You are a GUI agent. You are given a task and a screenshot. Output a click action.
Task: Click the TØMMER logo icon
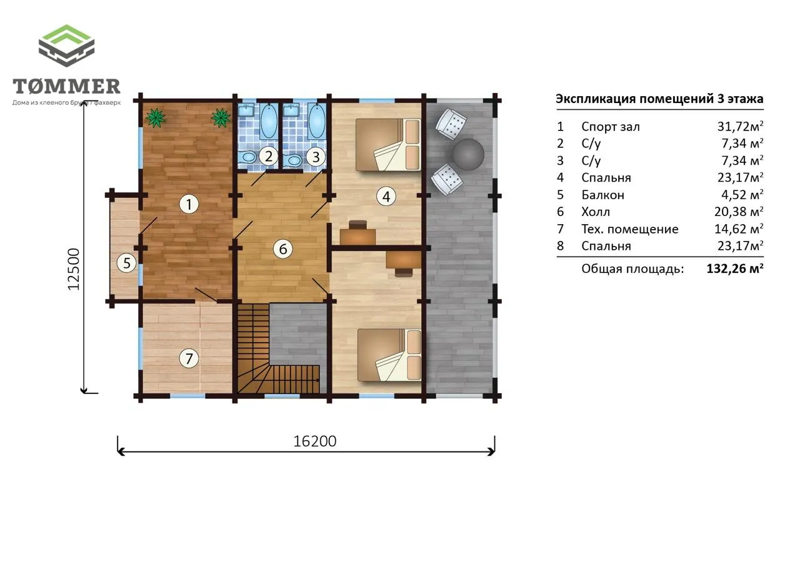click(x=66, y=46)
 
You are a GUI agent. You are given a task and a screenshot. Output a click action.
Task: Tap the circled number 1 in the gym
click(x=189, y=204)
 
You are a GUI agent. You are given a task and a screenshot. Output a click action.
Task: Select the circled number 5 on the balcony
click(x=127, y=263)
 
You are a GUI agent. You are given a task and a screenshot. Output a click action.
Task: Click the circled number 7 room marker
click(x=189, y=358)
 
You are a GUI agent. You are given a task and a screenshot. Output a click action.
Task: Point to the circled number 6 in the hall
click(x=283, y=249)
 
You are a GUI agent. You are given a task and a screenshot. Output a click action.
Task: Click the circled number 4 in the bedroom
click(x=386, y=196)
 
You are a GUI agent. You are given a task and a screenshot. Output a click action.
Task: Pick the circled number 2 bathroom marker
click(x=269, y=156)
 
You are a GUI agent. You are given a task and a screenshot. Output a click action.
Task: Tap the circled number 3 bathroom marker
click(x=316, y=157)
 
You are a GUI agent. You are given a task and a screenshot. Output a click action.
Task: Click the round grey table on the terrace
click(x=468, y=154)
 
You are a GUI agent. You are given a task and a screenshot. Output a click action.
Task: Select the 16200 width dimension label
click(x=314, y=441)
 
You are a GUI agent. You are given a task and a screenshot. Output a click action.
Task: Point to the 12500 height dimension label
click(x=74, y=269)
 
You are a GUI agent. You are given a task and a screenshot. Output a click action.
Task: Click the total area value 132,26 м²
click(x=735, y=268)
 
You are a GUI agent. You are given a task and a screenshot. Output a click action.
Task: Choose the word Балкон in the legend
click(x=603, y=195)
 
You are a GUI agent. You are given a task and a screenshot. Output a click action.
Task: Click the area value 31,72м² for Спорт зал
click(x=741, y=126)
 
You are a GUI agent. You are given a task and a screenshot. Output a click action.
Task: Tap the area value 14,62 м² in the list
click(x=739, y=228)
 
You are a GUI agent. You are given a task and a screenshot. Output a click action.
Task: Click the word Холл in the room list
click(x=596, y=212)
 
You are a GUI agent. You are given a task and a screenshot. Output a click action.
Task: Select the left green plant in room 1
click(x=156, y=118)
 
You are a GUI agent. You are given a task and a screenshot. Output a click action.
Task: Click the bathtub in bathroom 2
click(x=269, y=121)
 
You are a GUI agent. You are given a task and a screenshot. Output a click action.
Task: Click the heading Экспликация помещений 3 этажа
click(x=659, y=99)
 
